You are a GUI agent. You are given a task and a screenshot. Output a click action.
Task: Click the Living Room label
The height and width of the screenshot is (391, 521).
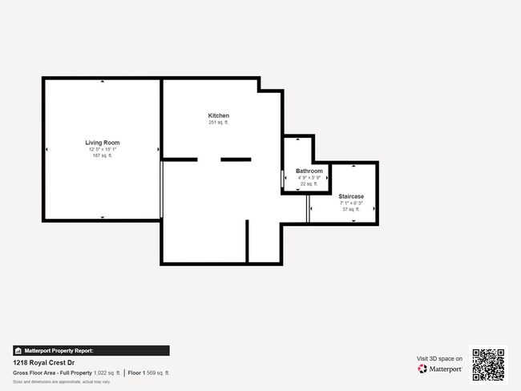click(103, 143)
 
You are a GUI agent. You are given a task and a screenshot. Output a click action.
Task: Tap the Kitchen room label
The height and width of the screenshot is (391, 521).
click(219, 116)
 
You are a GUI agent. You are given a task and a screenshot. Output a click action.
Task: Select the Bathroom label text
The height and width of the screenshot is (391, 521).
click(309, 171)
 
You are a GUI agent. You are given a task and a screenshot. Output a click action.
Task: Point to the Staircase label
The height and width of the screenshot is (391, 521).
click(351, 196)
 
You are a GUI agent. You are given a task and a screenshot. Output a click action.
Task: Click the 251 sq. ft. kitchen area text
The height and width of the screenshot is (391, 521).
click(219, 123)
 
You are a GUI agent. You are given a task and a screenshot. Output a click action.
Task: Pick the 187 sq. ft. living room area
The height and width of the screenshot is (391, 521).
click(103, 155)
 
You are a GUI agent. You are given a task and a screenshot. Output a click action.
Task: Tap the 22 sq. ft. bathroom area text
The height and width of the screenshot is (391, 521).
click(309, 184)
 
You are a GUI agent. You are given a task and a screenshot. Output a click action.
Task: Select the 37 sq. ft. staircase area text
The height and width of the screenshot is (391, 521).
click(351, 209)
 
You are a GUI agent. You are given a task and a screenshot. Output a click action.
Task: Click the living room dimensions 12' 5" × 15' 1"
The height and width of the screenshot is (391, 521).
click(103, 149)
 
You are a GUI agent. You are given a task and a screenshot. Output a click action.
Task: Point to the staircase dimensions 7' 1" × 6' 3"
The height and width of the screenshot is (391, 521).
click(351, 203)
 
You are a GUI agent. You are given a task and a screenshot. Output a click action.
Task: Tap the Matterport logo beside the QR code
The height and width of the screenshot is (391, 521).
click(440, 369)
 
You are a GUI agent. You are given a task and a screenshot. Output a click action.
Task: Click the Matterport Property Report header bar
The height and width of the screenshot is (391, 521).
click(91, 350)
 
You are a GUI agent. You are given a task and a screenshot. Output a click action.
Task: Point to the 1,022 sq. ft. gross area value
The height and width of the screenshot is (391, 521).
click(107, 373)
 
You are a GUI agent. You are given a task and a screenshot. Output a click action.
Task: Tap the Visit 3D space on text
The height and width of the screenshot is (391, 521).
click(439, 359)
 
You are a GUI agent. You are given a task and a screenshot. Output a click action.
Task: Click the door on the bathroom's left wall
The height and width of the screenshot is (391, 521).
click(282, 178)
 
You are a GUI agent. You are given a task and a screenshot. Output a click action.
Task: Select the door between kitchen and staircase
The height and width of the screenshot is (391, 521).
click(308, 209)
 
